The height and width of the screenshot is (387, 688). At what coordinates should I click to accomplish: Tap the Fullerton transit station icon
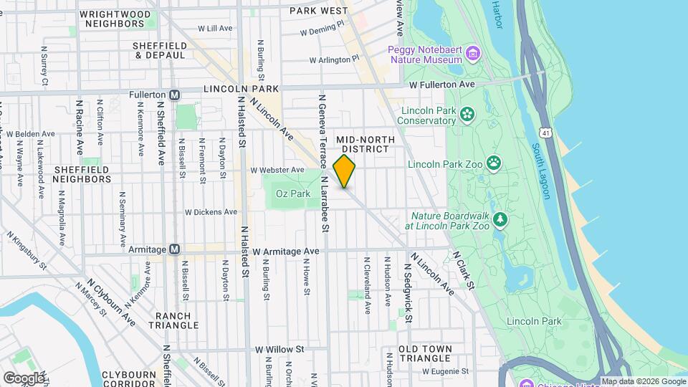[x=174, y=95]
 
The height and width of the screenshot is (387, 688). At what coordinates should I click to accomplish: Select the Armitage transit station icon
[x=174, y=249]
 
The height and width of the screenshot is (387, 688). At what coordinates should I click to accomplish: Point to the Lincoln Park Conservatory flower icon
[x=467, y=115]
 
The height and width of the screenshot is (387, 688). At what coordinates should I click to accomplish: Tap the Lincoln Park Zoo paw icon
[x=494, y=163]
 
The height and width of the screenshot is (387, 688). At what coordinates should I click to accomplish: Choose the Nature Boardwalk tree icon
[x=501, y=219]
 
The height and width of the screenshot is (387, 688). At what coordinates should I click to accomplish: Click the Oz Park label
[x=292, y=193]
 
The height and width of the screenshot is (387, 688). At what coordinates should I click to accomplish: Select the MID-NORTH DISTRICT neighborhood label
[x=362, y=143]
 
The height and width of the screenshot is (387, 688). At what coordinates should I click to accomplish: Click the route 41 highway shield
[x=546, y=133]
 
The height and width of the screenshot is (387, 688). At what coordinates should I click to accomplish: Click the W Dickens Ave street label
[x=211, y=212]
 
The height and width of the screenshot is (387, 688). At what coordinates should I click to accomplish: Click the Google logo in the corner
[x=24, y=378]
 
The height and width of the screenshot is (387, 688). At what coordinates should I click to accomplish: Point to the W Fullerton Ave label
[x=442, y=85]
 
